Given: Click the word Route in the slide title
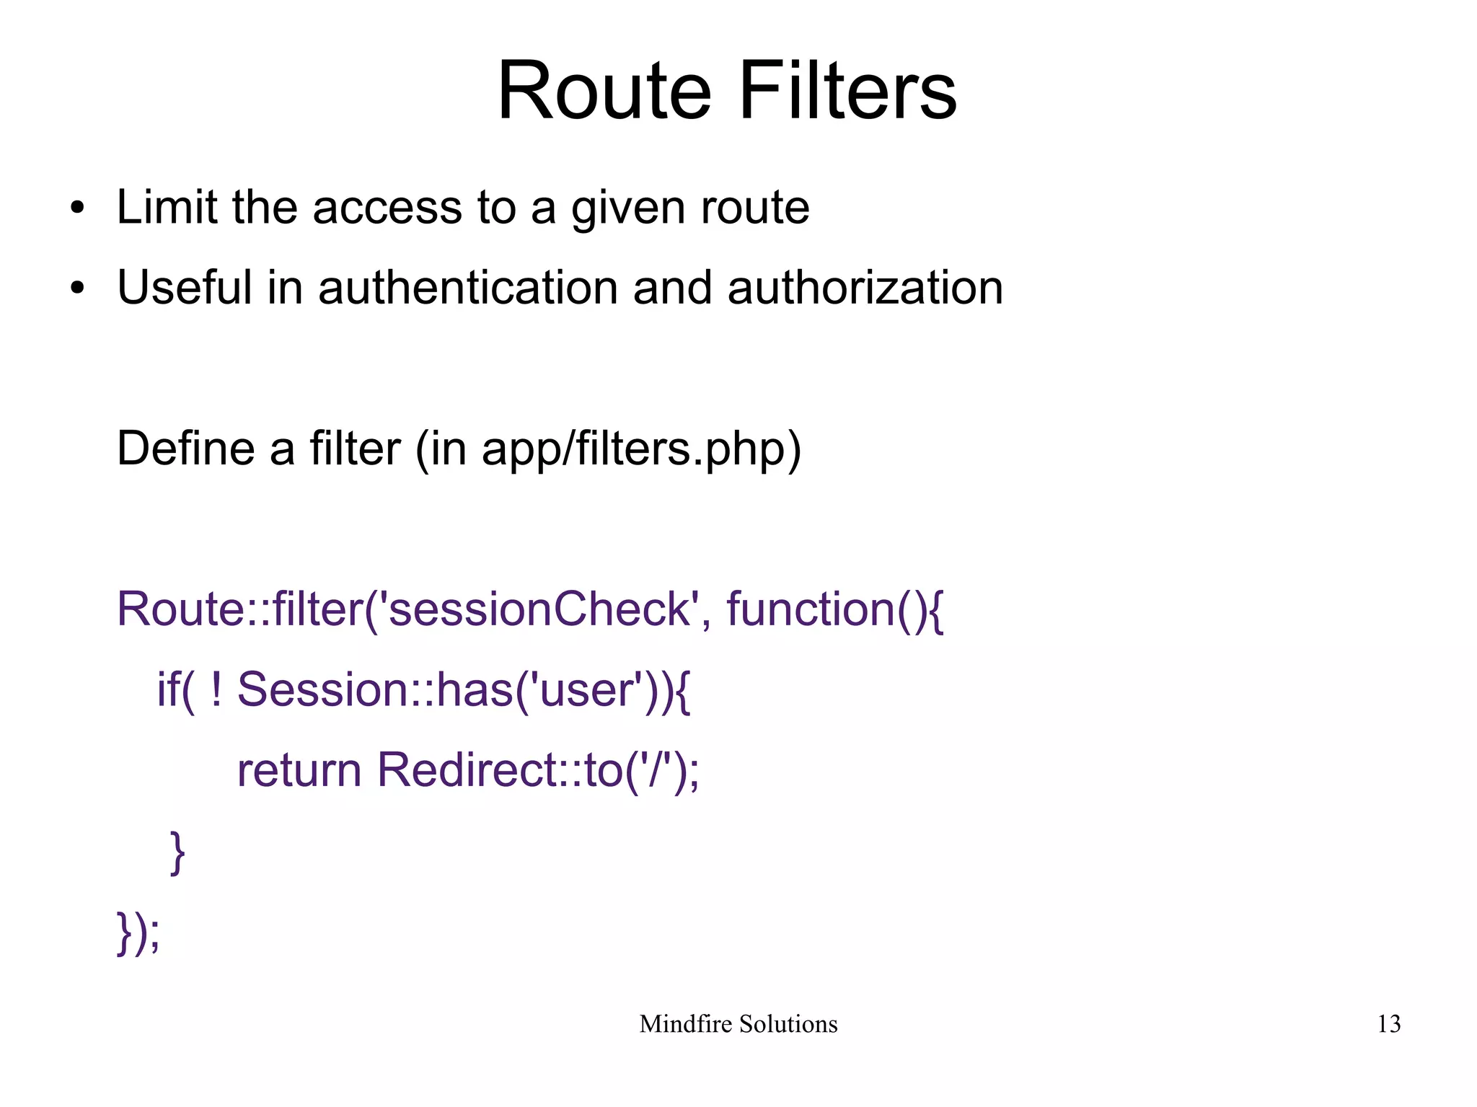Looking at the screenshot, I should (604, 92).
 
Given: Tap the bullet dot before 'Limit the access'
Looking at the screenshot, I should (77, 209).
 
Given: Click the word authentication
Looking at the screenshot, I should (467, 288).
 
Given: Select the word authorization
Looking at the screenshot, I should (865, 288).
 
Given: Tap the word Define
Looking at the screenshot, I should (185, 449).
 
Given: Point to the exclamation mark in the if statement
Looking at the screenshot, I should (216, 689).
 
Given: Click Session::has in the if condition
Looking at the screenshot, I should (375, 689).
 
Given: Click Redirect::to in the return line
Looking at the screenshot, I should (498, 770).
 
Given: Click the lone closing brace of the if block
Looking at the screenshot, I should (177, 852).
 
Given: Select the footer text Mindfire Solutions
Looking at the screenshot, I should (738, 1024).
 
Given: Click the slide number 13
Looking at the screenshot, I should (1388, 1024).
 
